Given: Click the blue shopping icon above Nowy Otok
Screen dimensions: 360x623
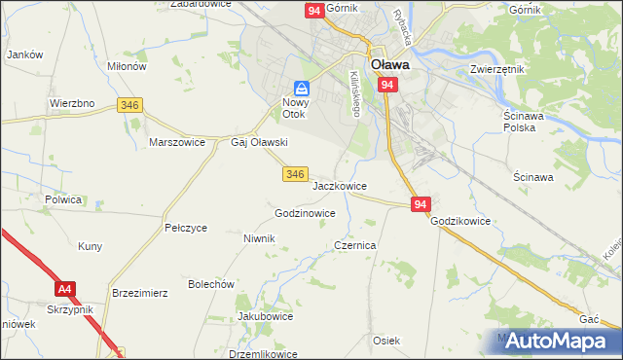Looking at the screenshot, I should [x=302, y=88].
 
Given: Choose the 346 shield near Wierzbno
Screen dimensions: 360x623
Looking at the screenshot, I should [x=128, y=103].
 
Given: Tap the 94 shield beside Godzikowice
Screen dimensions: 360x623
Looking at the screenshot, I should [x=420, y=204].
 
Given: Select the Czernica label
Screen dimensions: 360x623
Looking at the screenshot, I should [x=355, y=246].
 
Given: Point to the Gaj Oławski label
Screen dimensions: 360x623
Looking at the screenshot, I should [x=258, y=142].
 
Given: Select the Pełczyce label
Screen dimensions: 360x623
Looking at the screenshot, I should [x=186, y=228].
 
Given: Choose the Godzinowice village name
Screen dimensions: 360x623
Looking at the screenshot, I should [x=305, y=213].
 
